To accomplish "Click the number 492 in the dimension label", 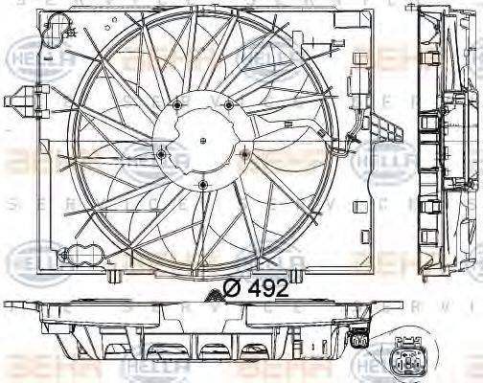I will (268, 287).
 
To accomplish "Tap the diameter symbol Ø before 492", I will (232, 287).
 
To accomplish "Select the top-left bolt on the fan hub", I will (178, 103).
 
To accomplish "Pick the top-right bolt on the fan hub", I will (228, 103).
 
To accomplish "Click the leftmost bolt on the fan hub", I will (161, 153).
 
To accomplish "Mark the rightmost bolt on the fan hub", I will (245, 152).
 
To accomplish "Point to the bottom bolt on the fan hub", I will (203, 185).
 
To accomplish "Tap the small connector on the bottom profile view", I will (359, 338).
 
